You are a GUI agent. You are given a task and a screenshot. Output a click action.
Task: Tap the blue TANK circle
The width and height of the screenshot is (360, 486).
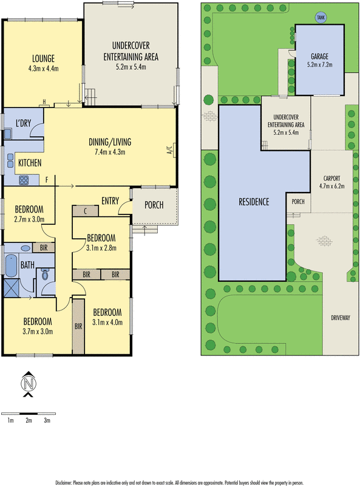point(320,18)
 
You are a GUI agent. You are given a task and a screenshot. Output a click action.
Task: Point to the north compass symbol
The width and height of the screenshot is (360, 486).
point(28,384)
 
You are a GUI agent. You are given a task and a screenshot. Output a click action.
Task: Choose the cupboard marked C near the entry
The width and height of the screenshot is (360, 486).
point(86,210)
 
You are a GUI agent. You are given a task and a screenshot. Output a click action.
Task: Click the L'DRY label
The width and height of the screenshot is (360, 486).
point(23,125)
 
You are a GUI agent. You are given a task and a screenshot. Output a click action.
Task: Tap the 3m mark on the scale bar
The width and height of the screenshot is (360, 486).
point(47,420)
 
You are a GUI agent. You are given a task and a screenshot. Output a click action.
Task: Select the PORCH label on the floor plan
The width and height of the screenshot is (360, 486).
point(153,205)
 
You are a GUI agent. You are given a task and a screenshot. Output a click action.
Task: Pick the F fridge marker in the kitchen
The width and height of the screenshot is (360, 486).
point(46,180)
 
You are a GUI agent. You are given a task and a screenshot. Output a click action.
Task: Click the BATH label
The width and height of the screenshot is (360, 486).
point(27,265)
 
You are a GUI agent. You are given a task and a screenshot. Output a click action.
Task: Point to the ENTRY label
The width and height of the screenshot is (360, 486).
point(110,201)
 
